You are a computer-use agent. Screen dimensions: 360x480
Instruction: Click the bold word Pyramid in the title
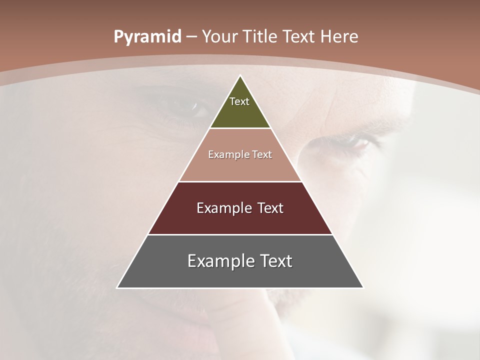click(x=147, y=37)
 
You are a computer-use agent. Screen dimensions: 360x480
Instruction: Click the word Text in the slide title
click(x=299, y=37)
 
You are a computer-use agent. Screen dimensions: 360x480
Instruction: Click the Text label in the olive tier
click(x=239, y=101)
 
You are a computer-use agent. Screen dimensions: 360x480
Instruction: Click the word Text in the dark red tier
click(x=270, y=208)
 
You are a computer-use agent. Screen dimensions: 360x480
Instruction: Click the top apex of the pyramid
click(x=240, y=76)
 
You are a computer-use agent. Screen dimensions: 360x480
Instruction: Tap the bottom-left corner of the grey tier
click(x=118, y=287)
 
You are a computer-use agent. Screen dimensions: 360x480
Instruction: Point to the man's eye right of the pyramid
click(x=359, y=143)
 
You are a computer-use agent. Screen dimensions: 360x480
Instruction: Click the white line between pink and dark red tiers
click(x=240, y=181)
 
